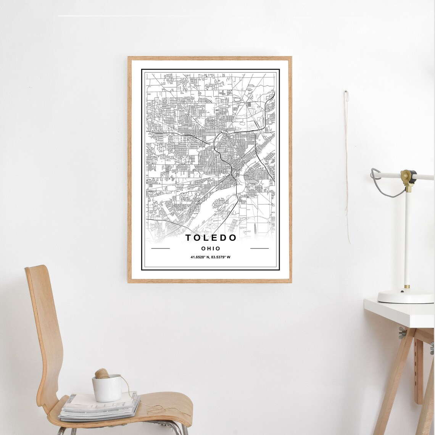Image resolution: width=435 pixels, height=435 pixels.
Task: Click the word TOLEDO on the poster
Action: click(211, 238)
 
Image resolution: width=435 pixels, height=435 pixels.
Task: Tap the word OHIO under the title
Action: click(211, 248)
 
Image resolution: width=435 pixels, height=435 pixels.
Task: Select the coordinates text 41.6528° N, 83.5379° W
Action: click(211, 257)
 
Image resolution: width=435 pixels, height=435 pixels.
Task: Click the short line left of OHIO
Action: click(160, 248)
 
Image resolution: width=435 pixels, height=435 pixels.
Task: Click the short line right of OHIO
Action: click(259, 248)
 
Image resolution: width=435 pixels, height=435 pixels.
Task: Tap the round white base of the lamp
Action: click(405, 296)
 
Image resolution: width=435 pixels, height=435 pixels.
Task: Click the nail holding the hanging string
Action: click(346, 92)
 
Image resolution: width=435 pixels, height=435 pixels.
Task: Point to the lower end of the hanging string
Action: click(349, 242)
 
